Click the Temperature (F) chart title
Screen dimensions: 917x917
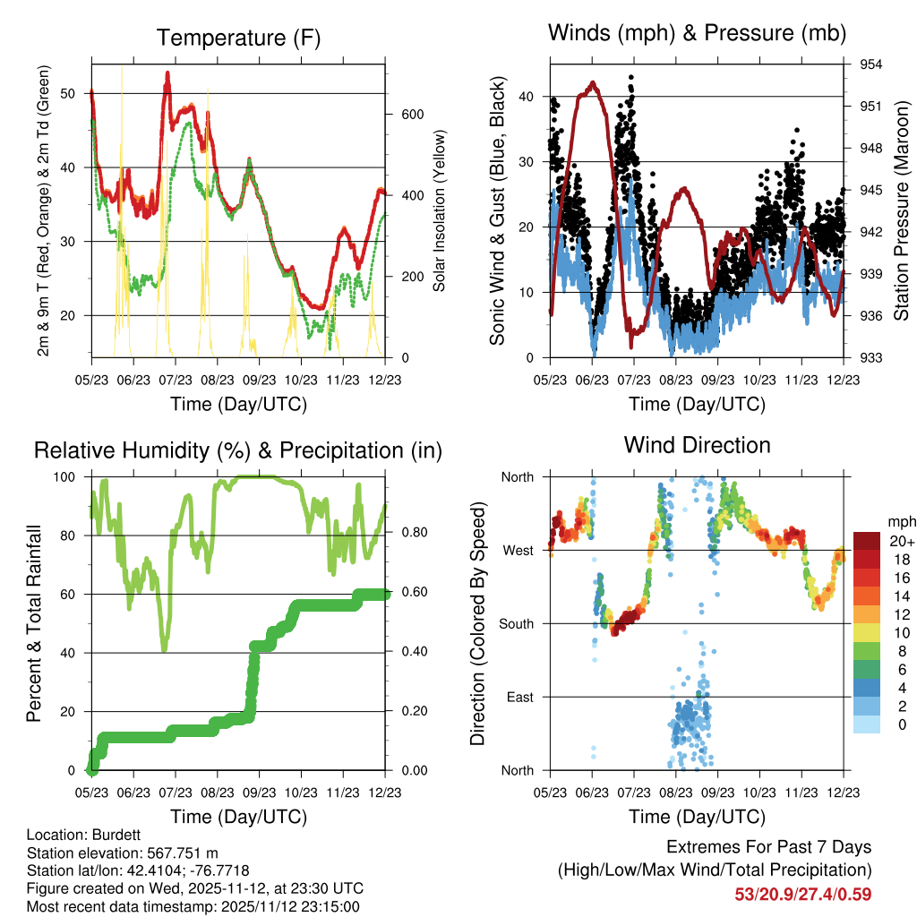pos(238,39)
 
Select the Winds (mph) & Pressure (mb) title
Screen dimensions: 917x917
pos(697,34)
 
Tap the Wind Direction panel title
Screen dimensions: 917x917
pos(697,445)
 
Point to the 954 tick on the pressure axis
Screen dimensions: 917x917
pos(871,64)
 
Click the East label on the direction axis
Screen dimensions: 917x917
pos(517,697)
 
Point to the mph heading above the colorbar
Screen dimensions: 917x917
pos(900,521)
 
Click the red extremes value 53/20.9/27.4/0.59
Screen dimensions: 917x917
pos(803,894)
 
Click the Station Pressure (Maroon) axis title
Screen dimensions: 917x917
pos(902,211)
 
